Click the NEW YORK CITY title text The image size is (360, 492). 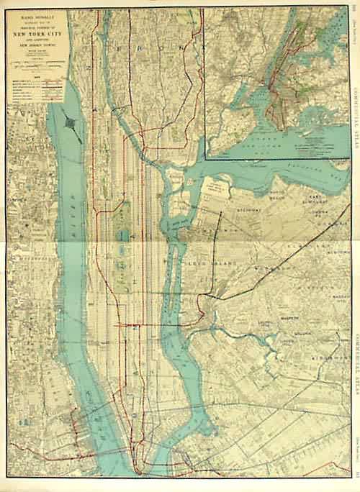(x=37, y=34)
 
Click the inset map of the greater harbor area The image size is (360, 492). (x=281, y=79)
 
